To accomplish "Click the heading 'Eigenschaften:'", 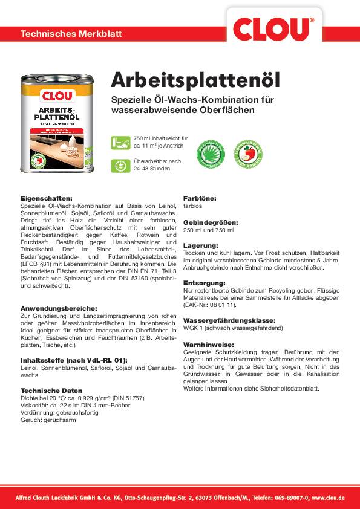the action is [46, 198].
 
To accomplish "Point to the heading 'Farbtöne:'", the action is [200, 198].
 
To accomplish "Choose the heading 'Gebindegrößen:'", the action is [211, 222].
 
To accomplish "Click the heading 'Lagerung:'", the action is [200, 245].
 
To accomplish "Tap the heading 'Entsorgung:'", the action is [204, 282].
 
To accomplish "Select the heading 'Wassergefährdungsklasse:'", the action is [229, 320].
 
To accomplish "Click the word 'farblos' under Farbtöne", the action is [193, 206].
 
